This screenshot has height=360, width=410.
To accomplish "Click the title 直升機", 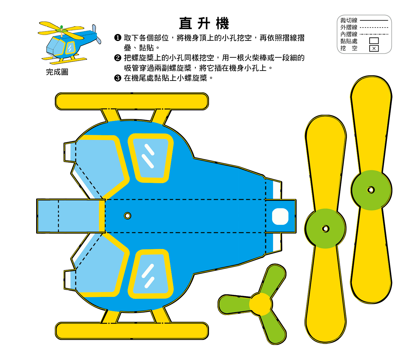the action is (204, 24).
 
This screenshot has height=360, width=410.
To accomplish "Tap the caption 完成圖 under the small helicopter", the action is (57, 72).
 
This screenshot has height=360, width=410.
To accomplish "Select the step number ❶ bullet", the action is (118, 38).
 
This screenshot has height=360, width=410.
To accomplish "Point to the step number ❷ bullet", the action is (118, 58).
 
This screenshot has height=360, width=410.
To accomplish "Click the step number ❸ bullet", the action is (118, 78).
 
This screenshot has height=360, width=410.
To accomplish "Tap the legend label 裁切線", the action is (349, 21).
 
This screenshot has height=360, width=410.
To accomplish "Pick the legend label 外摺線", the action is (349, 27).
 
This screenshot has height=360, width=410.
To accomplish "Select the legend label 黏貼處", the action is (349, 41).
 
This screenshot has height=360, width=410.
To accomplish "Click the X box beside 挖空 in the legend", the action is (374, 48).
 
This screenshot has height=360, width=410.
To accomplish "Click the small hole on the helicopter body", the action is (128, 216).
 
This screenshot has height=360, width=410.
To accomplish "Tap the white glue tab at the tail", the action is (280, 216).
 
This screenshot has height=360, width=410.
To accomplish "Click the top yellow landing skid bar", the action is (132, 101).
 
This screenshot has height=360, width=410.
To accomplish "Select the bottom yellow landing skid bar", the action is (132, 331).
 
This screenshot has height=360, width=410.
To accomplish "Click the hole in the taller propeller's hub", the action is (371, 190).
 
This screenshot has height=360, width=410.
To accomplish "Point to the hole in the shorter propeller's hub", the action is (325, 229).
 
